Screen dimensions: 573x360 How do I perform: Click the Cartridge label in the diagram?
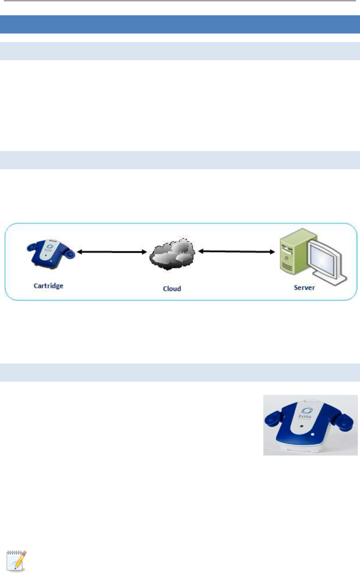(x=48, y=285)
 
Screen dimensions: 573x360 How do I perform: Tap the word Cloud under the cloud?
(x=172, y=289)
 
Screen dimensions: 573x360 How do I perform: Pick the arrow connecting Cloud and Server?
(x=235, y=252)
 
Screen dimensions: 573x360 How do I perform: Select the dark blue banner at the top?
(x=180, y=24)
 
